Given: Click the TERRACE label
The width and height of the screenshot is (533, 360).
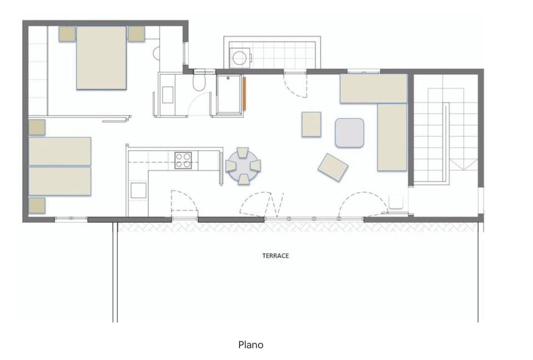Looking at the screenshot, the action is tap(275, 256).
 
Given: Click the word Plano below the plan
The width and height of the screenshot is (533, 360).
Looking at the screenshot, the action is tap(251, 344).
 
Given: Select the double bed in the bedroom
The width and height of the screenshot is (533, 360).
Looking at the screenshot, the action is tap(102, 58).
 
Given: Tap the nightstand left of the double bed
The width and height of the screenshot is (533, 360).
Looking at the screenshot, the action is tap(67, 34).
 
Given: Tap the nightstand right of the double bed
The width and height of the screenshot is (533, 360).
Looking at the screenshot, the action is tap(137, 34).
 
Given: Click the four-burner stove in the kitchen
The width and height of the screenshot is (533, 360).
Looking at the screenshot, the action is tap(183, 160).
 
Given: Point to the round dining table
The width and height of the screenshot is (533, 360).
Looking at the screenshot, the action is tap(243, 166).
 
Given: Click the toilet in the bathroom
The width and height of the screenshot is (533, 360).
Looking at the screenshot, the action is tap(199, 82).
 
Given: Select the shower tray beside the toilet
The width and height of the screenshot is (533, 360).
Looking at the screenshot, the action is tap(229, 94).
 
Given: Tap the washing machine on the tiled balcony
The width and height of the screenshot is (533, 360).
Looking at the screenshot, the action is tap(240, 58).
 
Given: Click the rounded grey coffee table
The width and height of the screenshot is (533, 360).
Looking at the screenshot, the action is tap(349, 133).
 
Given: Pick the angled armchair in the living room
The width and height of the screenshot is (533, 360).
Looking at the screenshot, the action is tap(333, 167).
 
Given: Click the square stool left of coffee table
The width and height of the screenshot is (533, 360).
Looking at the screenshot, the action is tap(311, 124).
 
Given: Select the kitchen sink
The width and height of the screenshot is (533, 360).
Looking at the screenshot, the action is tap(139, 190).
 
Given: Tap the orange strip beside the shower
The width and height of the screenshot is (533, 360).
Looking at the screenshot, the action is tap(244, 94).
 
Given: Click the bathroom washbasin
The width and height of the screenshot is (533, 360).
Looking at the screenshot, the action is tap(168, 95).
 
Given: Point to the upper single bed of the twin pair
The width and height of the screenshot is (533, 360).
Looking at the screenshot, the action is tap(60, 151).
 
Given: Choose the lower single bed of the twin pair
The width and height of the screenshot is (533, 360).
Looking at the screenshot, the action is tap(60, 181).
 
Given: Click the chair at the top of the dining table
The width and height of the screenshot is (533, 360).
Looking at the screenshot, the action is tap(243, 153).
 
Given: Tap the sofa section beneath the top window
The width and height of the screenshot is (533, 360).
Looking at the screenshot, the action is tap(374, 88).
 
